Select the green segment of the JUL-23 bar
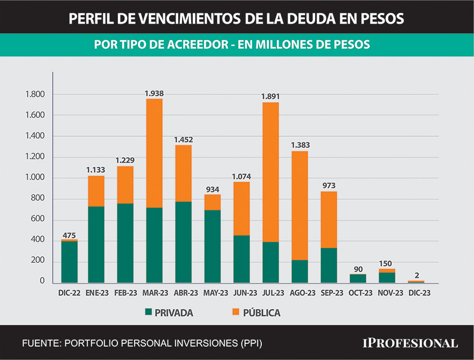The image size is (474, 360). click(270, 262)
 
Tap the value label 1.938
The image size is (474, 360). click(154, 93)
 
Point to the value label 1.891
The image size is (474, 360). click(270, 96)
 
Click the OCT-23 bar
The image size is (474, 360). click(358, 278)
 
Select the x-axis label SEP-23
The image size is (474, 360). click(329, 293)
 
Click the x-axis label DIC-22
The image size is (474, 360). click(69, 293)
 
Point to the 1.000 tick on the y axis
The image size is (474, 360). click(35, 178)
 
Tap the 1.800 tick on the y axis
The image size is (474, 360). click(35, 95)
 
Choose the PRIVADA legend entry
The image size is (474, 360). click(169, 313)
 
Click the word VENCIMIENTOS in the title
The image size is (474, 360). click(179, 19)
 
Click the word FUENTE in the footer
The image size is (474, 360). click(41, 343)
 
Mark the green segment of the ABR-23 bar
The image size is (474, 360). click(183, 242)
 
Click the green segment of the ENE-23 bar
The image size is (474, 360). click(96, 244)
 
